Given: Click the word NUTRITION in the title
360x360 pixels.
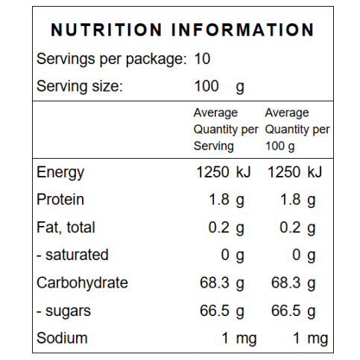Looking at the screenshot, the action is tap(107, 30).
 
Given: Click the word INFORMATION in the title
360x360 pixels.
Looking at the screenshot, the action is tap(243, 30).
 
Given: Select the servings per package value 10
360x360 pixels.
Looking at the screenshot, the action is tap(202, 59).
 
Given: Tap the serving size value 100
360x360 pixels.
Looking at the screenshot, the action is tap(206, 86).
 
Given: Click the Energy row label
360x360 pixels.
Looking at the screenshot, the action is tap(60, 173).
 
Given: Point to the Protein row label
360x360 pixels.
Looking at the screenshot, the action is tap(60, 200).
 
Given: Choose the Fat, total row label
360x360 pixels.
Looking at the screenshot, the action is tap(66, 227).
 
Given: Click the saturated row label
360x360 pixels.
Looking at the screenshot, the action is tap(72, 255).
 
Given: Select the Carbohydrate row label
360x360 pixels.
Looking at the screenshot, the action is tap(82, 283).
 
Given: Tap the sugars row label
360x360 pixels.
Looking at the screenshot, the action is tap(64, 312).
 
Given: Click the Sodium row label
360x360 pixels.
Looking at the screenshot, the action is tap(62, 338).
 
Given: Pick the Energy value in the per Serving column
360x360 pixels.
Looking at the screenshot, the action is tap(224, 172).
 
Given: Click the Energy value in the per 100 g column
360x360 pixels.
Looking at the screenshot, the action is tap(294, 172).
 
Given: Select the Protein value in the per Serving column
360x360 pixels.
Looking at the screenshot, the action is tap(227, 200).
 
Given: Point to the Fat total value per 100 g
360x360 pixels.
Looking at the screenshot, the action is tap(297, 228).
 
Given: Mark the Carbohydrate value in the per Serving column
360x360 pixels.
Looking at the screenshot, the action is tap(222, 283).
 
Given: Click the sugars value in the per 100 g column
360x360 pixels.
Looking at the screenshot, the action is tap(294, 312).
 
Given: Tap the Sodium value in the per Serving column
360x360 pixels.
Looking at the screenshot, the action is tap(239, 339).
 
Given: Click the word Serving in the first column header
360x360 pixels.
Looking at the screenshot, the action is tap(214, 146).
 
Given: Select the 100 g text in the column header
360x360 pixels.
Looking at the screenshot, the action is tap(280, 146).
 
